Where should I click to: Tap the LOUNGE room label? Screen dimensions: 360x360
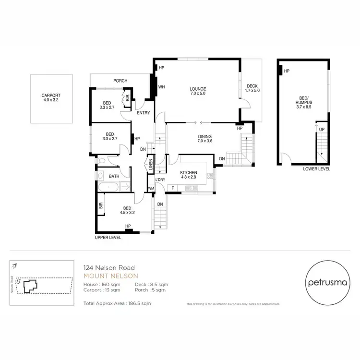point(198,89)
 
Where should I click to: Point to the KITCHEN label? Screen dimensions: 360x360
point(189,172)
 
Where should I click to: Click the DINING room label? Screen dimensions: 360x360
point(205,136)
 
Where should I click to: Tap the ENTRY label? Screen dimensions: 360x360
point(143,113)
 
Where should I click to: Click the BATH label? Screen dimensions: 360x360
point(114,176)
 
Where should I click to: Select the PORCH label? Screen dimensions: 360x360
point(120,81)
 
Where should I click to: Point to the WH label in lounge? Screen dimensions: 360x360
point(162,87)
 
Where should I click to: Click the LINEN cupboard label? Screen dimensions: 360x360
point(150,165)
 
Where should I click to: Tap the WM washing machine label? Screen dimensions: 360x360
point(151,188)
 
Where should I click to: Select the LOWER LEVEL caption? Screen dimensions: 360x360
point(316,169)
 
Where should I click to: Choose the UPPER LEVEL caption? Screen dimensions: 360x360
point(108,238)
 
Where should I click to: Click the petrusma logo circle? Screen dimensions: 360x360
point(324,282)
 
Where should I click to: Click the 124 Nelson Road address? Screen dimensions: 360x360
point(109,268)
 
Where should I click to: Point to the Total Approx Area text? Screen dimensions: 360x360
point(117,303)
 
